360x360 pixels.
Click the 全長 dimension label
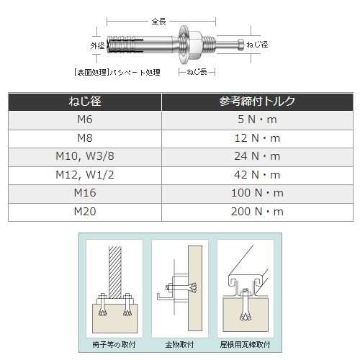[x=158, y=22]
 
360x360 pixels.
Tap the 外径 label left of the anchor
[x=97, y=45]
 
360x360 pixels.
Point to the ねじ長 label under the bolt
[x=197, y=72]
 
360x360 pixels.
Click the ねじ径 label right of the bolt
[x=257, y=45]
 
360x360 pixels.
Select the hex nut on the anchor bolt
[x=196, y=45]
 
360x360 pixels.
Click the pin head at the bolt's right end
[x=241, y=45]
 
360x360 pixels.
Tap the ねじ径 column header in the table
[x=85, y=101]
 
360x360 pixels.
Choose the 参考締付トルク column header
[x=257, y=101]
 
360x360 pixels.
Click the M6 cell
[x=85, y=120]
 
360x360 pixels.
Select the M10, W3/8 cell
[x=85, y=156]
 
